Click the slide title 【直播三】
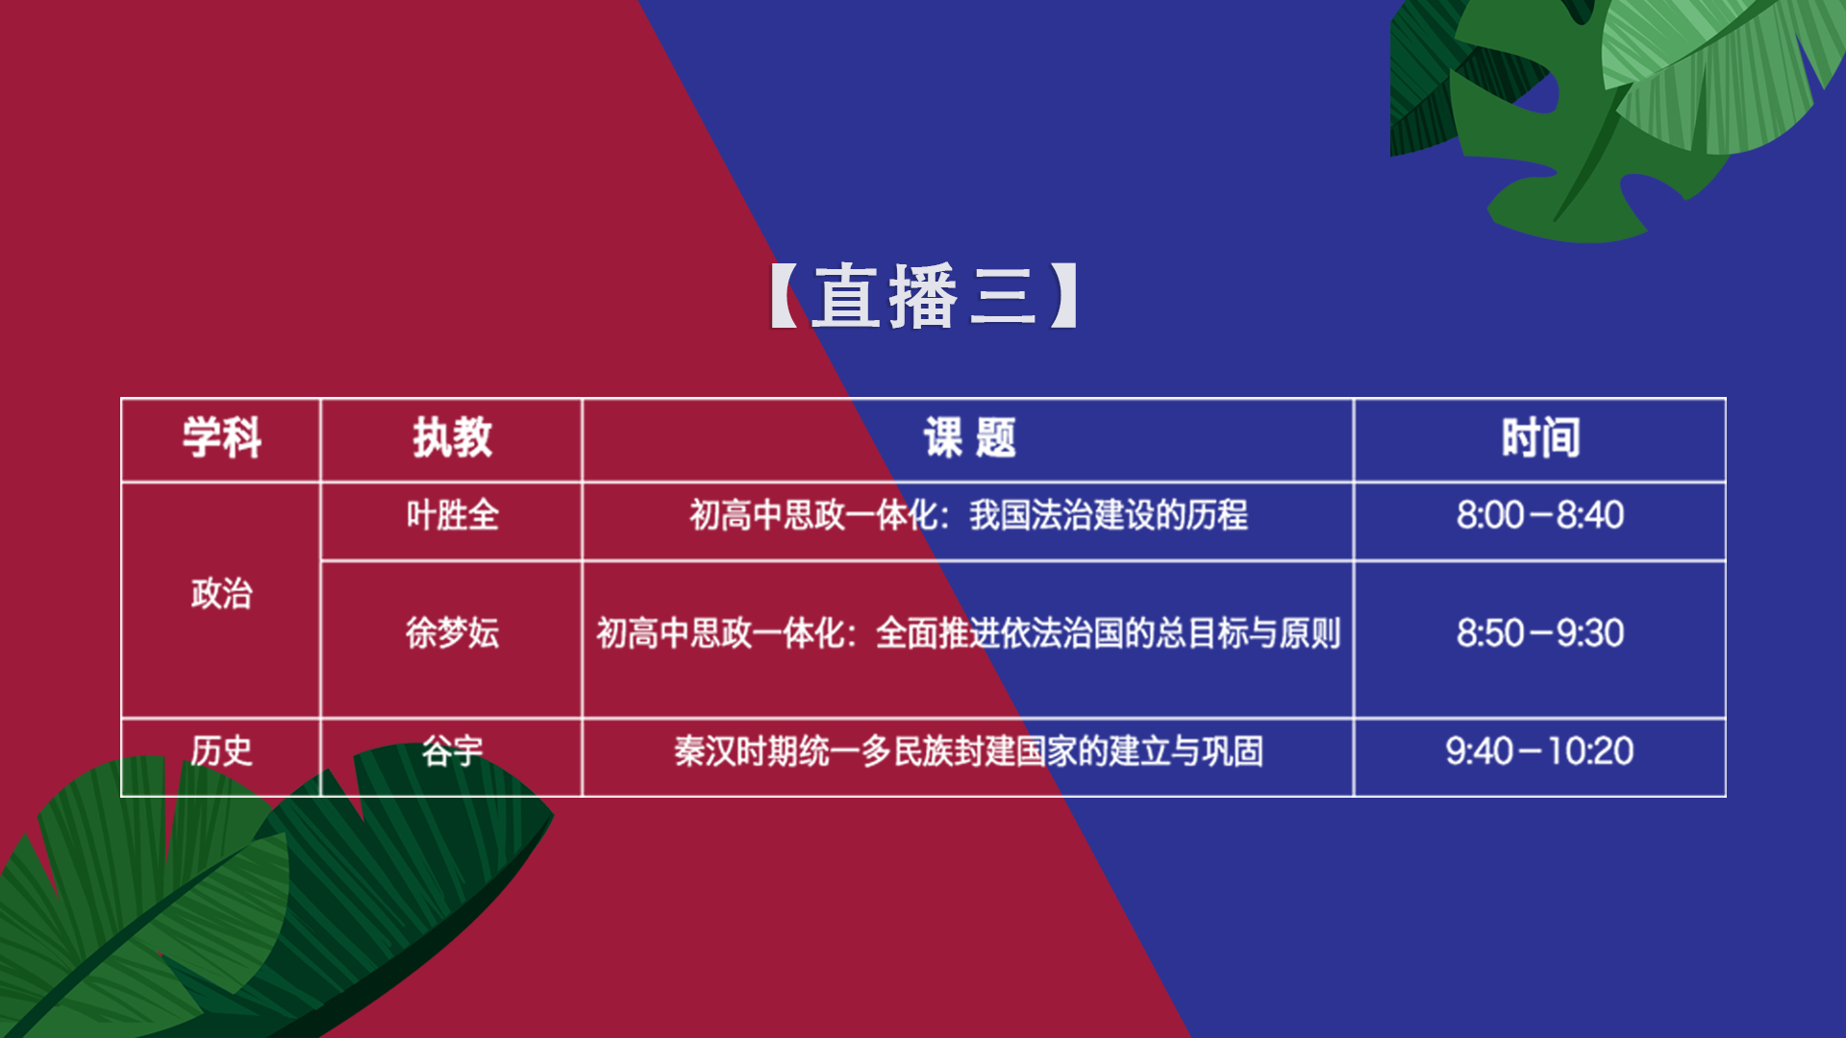(925, 296)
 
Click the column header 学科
(222, 438)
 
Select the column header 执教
(452, 438)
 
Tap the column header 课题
(969, 438)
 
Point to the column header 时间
(1540, 438)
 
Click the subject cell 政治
(221, 594)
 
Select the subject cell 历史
(221, 751)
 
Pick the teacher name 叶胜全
(452, 515)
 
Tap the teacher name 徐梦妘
(452, 633)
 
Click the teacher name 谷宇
(452, 751)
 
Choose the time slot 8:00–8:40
(1540, 515)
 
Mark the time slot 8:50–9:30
(1540, 633)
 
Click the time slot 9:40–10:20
(1540, 751)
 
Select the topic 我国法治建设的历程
(1109, 515)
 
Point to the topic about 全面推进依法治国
(968, 633)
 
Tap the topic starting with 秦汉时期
(968, 751)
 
